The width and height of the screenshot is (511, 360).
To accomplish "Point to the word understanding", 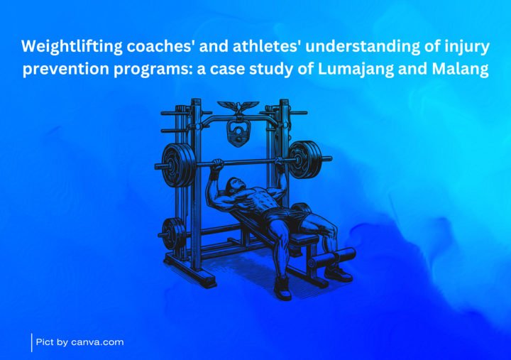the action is [363, 46].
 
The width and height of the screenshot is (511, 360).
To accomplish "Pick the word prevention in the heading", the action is [66, 69].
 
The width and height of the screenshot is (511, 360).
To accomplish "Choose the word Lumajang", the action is [356, 69].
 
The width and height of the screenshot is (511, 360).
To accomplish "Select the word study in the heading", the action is [273, 69].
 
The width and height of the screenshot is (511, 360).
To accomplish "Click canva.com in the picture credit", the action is [97, 342].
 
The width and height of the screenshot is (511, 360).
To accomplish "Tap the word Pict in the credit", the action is [45, 342].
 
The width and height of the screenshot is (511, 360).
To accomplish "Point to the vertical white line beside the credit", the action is [32, 343].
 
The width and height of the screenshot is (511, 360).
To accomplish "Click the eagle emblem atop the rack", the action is [238, 107].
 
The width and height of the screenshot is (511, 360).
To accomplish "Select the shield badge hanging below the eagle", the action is [238, 133].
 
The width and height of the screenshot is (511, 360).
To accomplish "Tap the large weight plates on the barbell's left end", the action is [179, 165].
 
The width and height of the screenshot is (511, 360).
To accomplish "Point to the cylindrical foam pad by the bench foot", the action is [332, 258].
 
